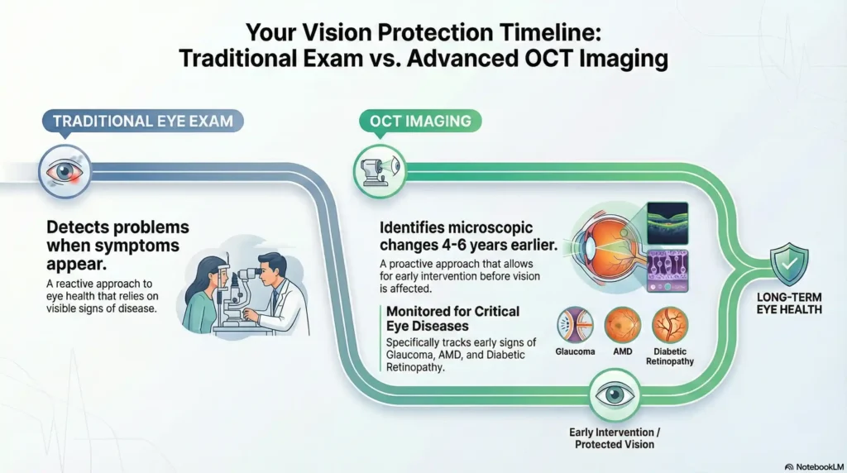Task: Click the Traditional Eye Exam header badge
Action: click(142, 122)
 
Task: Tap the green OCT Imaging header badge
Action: click(420, 122)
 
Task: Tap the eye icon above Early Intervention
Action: click(613, 395)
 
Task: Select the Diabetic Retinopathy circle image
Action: click(670, 325)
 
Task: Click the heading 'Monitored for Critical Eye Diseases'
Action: click(453, 318)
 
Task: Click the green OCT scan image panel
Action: click(667, 223)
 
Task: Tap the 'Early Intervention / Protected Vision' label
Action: click(612, 437)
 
